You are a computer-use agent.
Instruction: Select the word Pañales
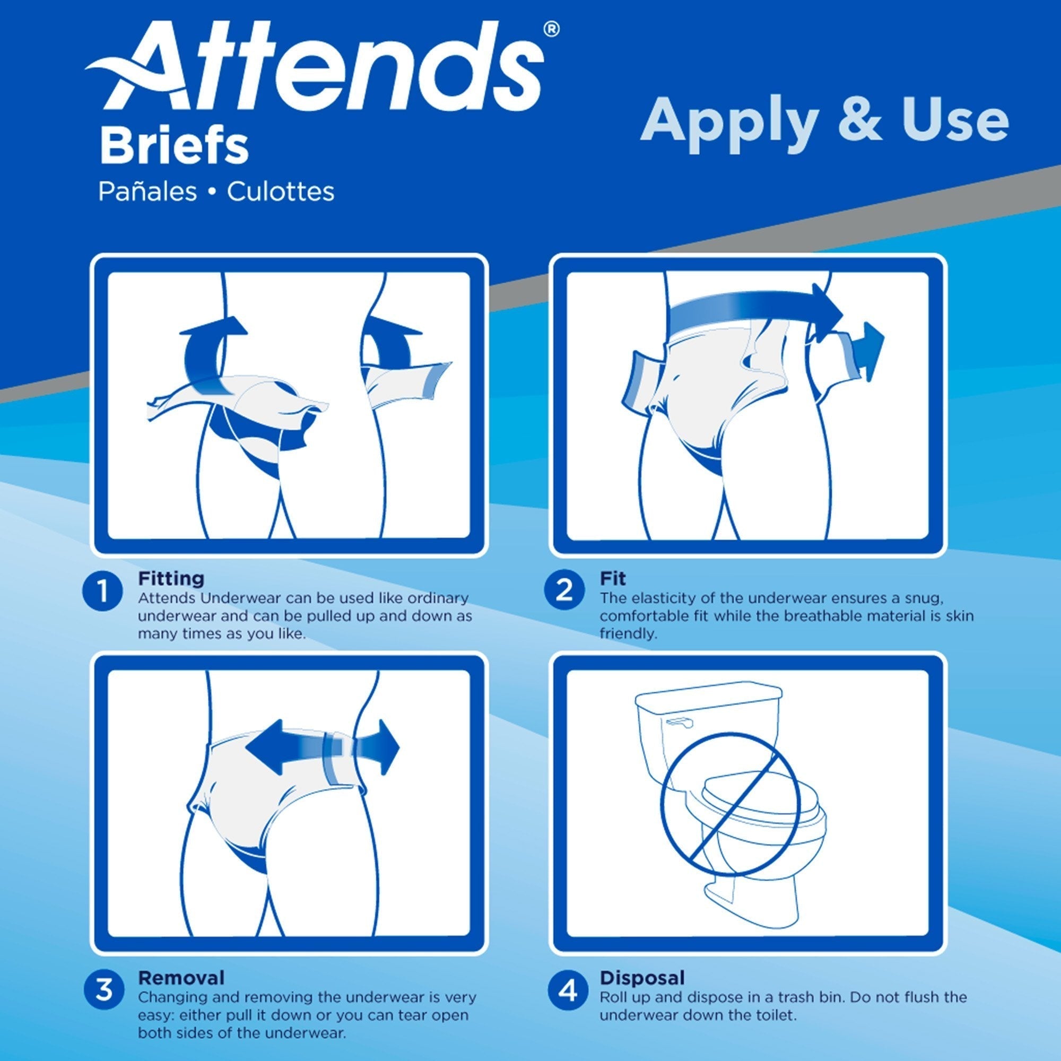147,192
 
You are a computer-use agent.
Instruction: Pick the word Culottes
281,192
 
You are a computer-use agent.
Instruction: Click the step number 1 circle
102,592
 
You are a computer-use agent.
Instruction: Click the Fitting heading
171,578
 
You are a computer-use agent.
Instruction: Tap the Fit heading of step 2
612,578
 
